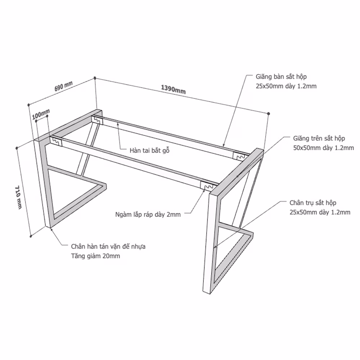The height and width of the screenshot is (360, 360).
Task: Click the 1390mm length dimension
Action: pos(173,89)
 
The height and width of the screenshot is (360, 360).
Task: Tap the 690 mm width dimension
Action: pos(64,86)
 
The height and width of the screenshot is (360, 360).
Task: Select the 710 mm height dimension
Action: pos(18,197)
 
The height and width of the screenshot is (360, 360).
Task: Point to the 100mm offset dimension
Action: pos(41,114)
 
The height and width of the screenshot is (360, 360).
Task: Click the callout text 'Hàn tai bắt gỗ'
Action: pos(149,150)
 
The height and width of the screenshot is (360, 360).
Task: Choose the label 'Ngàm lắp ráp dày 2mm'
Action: pos(148,215)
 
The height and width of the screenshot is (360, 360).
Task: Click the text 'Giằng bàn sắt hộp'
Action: pos(281,77)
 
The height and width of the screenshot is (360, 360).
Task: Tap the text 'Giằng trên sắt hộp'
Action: pos(319,139)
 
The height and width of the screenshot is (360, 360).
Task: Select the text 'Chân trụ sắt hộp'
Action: pos(313,203)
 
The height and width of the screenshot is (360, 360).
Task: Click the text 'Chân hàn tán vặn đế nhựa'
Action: pos(108,247)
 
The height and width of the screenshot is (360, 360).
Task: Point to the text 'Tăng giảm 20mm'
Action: pos(95,256)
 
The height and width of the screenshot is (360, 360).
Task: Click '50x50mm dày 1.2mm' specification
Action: pos(324,148)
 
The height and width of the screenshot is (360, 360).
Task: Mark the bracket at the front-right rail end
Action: pos(207,185)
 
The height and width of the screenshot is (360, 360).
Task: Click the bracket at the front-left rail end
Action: pos(56,141)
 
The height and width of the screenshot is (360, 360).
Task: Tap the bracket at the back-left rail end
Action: pos(97,120)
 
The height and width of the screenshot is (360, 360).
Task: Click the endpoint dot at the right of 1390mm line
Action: pos(269,113)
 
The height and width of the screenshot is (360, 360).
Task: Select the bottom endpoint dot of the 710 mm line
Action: pos(31,236)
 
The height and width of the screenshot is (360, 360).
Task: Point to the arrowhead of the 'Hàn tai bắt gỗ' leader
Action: pos(118,124)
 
